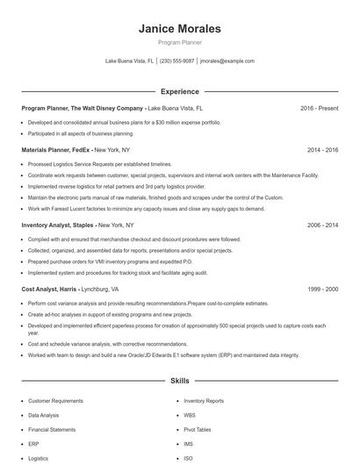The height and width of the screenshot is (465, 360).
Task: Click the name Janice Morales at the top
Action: point(179,29)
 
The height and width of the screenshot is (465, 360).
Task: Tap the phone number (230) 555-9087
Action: point(177,61)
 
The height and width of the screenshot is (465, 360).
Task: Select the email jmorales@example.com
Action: point(227,61)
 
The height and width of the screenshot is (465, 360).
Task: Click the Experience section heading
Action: point(179,90)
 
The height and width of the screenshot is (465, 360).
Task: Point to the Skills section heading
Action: point(179,382)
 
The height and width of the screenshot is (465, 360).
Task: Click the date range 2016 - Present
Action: point(319,108)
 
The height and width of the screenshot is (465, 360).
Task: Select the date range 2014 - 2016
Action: point(322,150)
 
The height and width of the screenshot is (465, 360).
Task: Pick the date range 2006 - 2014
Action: point(322,225)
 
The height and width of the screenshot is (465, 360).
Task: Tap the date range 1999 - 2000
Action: point(322,289)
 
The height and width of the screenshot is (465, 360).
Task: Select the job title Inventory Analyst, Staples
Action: point(61,225)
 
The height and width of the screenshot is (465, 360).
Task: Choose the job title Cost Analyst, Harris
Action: point(49,289)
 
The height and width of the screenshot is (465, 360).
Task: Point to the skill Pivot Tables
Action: point(198,429)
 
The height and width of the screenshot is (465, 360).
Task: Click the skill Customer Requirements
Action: point(55,400)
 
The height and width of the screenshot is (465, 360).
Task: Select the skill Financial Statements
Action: point(52,429)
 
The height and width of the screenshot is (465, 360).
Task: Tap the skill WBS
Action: point(190,414)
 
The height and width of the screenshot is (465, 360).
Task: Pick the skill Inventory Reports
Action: point(204,400)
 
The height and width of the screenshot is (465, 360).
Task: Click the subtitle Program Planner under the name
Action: point(179,42)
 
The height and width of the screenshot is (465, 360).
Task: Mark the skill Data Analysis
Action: point(44,414)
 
